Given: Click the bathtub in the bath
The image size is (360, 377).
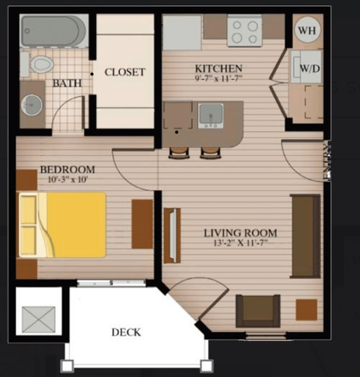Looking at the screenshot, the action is coord(53,31).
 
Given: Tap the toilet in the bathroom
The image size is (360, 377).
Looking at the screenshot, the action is coord(39,63).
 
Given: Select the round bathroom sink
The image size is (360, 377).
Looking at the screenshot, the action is coord(32,105).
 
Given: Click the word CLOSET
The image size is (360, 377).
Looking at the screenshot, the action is coord(125,72).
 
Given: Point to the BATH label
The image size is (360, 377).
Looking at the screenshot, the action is coord(67,83).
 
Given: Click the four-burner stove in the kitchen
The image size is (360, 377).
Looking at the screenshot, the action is coord(245,30).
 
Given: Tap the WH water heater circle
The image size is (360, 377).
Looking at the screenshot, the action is coord(308,30).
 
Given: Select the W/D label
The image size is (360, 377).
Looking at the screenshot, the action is coord(309,69).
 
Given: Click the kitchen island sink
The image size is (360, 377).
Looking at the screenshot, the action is coord(211,116).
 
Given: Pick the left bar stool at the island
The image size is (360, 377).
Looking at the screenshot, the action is coord(179,153).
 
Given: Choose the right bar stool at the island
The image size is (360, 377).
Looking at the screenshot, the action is coord(211,153).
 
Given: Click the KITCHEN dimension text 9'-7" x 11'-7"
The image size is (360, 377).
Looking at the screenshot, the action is coord(219,78).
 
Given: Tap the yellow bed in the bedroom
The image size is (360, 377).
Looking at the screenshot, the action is coord(63,225).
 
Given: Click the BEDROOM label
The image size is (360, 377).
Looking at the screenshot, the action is coord(68,170).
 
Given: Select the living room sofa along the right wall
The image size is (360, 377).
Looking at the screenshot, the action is coord(305,236).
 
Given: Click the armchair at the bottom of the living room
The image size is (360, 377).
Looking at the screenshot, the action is coord(258,311).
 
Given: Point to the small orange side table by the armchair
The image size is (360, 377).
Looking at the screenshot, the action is coord(307,310).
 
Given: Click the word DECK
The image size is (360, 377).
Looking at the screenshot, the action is coord(126,332).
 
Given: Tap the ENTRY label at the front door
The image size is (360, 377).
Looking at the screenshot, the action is coord(327,161).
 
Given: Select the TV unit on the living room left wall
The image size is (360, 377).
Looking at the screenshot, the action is coord(172,236).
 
